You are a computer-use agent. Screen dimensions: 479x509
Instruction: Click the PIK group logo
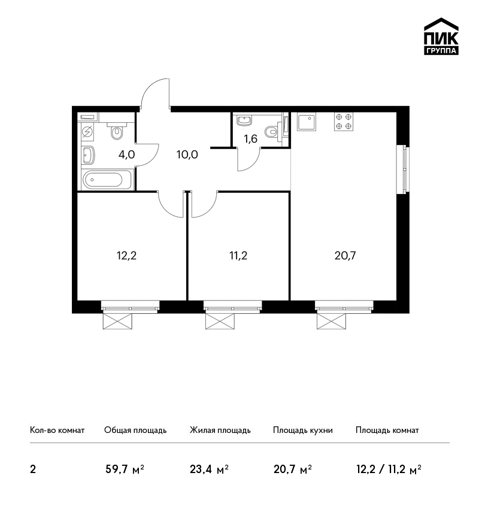pos(441,37)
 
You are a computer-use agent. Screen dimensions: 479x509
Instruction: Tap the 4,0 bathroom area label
pos(126,154)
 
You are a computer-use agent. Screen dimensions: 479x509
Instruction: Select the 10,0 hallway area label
pos(187,154)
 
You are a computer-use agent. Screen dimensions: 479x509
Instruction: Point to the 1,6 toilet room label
pos(250,139)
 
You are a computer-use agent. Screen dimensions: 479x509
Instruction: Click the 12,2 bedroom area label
pos(126,256)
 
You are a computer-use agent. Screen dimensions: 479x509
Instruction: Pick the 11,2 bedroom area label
pos(238,256)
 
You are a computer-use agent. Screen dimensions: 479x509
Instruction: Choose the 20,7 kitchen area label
pos(345,256)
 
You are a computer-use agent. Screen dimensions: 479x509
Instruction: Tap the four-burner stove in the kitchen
pos(344,122)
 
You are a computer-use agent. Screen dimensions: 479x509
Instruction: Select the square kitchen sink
pos(307,122)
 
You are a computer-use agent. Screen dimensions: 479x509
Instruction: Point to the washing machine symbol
pos(87,132)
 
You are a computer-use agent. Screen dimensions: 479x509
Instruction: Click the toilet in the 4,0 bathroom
pos(117,130)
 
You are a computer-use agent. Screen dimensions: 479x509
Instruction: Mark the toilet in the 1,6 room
pos(273,132)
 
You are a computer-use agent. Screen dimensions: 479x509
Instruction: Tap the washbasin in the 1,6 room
pos(244,120)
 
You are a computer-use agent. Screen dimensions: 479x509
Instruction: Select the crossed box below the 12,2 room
pos(117,321)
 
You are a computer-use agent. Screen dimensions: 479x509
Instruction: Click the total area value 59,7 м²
pos(125,469)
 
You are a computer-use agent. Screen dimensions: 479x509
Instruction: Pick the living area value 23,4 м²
pos(209,469)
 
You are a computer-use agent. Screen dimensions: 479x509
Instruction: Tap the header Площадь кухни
pos(303,431)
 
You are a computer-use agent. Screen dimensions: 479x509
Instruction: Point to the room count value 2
pos(33,469)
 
